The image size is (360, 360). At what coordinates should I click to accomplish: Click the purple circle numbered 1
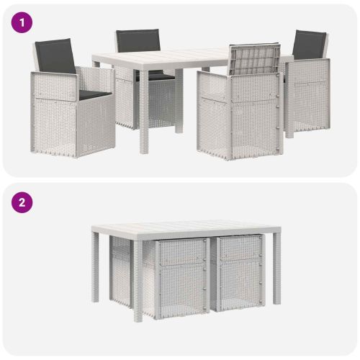coord(22,22)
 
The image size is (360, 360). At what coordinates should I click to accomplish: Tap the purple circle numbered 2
coord(22,202)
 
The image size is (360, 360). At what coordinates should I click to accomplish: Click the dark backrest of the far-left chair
coord(55,56)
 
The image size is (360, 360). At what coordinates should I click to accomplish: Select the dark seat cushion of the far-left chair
coord(95,94)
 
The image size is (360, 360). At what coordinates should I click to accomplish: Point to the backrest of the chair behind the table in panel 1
coord(138,40)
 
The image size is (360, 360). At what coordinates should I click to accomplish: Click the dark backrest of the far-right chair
coord(310,45)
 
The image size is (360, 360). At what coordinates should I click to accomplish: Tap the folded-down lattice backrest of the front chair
coord(255,59)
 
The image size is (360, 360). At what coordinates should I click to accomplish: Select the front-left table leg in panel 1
coord(144,111)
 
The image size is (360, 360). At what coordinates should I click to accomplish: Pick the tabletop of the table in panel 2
coord(186,228)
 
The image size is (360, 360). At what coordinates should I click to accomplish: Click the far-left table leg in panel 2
coord(95,269)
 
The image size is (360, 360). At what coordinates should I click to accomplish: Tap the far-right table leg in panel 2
coord(276,269)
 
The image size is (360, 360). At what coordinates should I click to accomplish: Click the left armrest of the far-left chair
coord(55,75)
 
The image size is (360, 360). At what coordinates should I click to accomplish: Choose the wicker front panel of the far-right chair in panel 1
coord(308,95)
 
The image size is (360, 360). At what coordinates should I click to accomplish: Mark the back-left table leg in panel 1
coord(96,64)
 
